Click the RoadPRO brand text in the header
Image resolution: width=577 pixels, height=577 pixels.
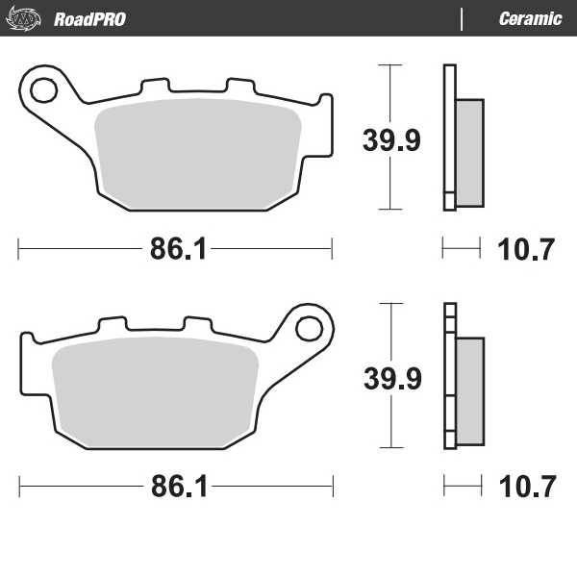89,19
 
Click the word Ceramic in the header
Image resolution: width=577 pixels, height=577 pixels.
530,19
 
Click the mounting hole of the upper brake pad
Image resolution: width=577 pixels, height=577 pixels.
43,90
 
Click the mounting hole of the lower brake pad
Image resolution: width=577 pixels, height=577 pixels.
309,329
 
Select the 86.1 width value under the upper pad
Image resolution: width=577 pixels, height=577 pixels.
178,249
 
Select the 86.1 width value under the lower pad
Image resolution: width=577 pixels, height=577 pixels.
178,487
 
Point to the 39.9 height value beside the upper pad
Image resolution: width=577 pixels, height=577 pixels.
391,141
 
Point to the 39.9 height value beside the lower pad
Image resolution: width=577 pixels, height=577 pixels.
391,379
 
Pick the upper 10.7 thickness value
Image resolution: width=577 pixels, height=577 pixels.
527,249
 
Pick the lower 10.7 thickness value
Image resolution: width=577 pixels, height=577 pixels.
527,487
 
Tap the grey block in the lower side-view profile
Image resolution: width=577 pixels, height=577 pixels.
469,389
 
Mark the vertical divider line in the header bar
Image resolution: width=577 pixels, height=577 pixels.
463,19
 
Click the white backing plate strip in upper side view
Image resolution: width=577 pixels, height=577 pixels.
447,135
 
